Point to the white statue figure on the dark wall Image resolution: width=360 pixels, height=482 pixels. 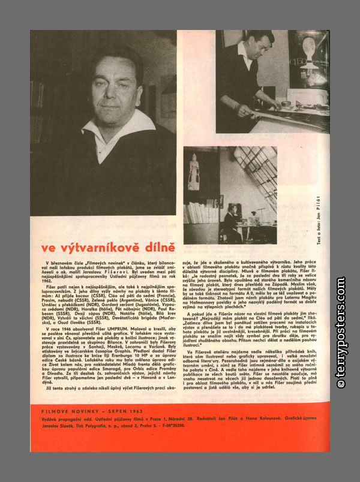[193, 171]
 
